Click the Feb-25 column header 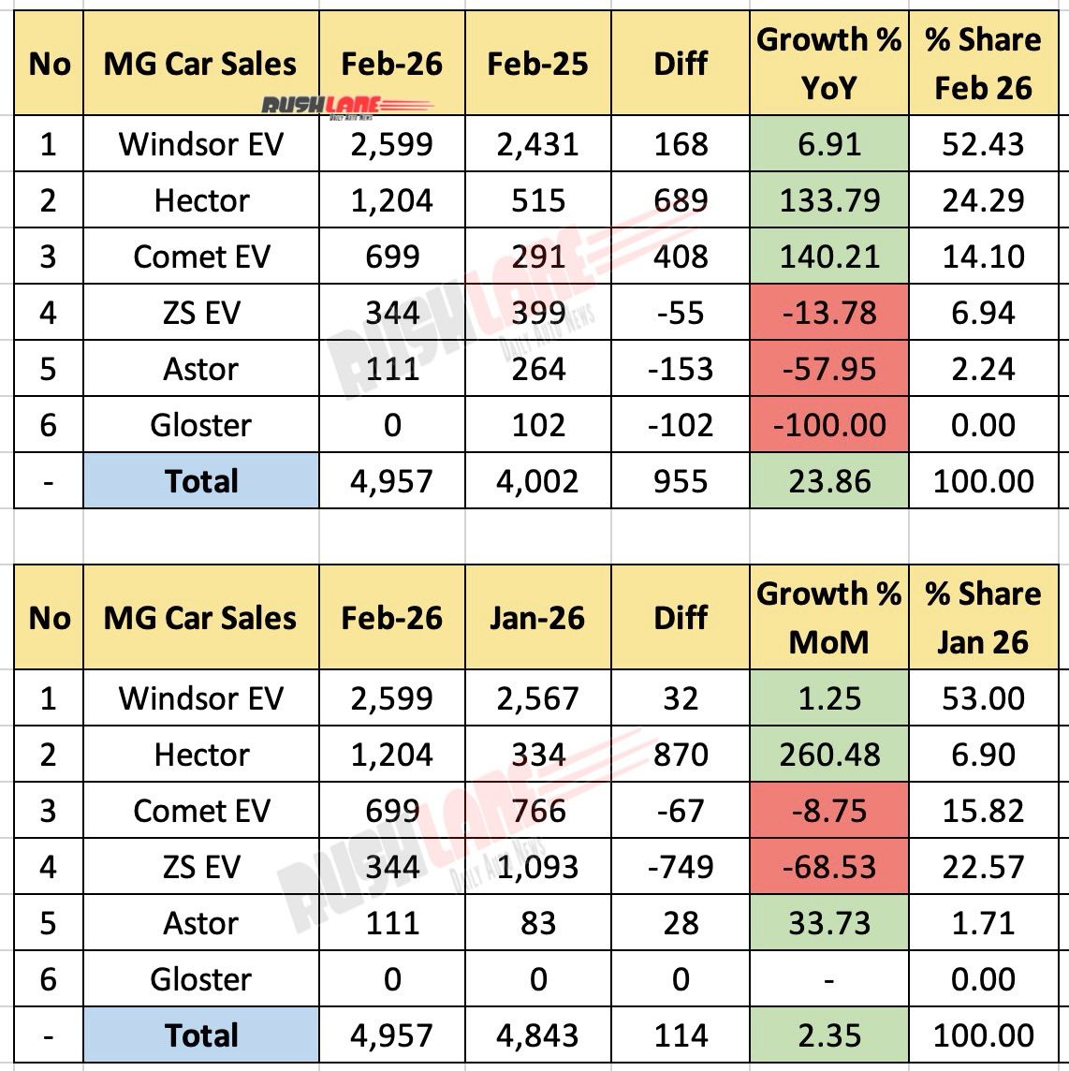[537, 64]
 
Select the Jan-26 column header [537, 618]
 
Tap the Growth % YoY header [828, 64]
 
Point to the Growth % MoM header [828, 618]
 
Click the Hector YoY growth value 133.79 [829, 200]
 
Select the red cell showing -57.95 [829, 369]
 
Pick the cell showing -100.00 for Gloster [829, 425]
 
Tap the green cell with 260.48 [829, 755]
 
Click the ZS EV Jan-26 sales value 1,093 [537, 867]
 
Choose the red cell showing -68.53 [829, 867]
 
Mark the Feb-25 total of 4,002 [537, 481]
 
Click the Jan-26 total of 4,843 [537, 1035]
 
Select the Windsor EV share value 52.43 [983, 144]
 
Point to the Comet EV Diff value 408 [681, 257]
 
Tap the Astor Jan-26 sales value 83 [537, 923]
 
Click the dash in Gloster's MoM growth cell [829, 979]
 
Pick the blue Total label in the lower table [201, 1035]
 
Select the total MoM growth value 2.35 [829, 1035]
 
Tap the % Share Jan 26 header [983, 618]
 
